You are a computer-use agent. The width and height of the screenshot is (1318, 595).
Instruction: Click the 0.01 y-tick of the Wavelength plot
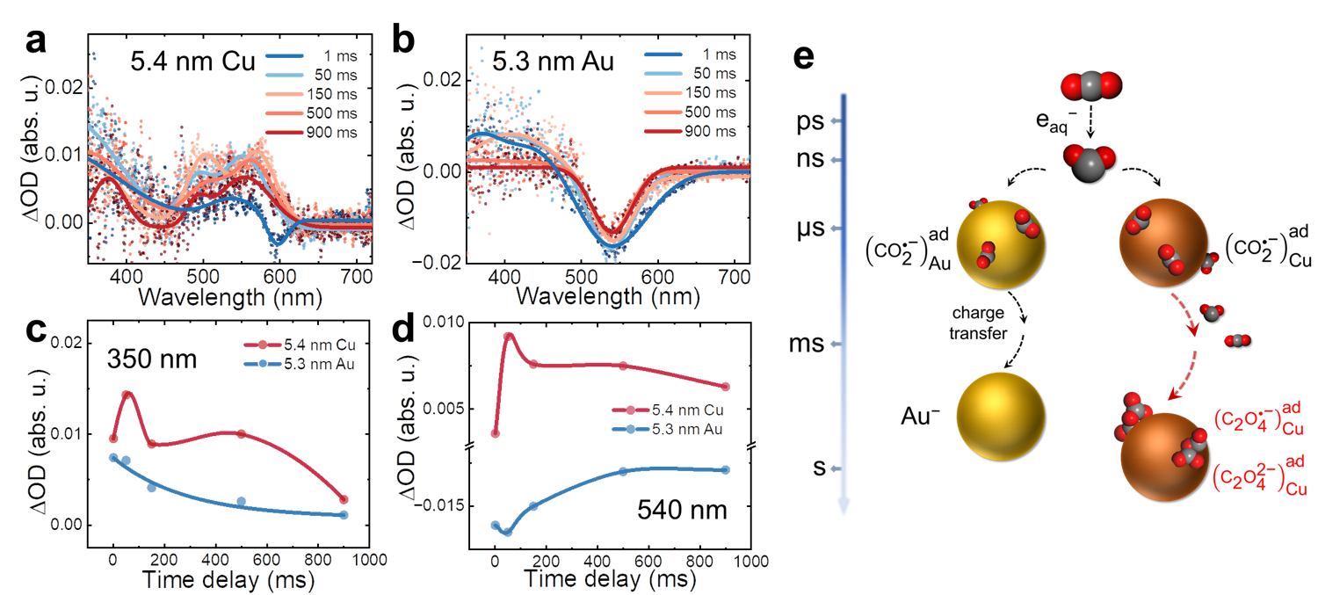pos(64,153)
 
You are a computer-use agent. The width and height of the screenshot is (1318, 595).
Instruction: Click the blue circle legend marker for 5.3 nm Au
pos(261,362)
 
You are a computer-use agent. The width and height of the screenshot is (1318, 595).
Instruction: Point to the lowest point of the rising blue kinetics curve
pos(503,526)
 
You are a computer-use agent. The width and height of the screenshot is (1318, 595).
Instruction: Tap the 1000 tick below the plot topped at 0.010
pos(750,562)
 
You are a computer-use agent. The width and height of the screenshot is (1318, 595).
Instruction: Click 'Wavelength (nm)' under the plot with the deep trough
pos(607,296)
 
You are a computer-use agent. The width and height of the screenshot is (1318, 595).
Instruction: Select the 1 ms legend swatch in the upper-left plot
pos(284,60)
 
